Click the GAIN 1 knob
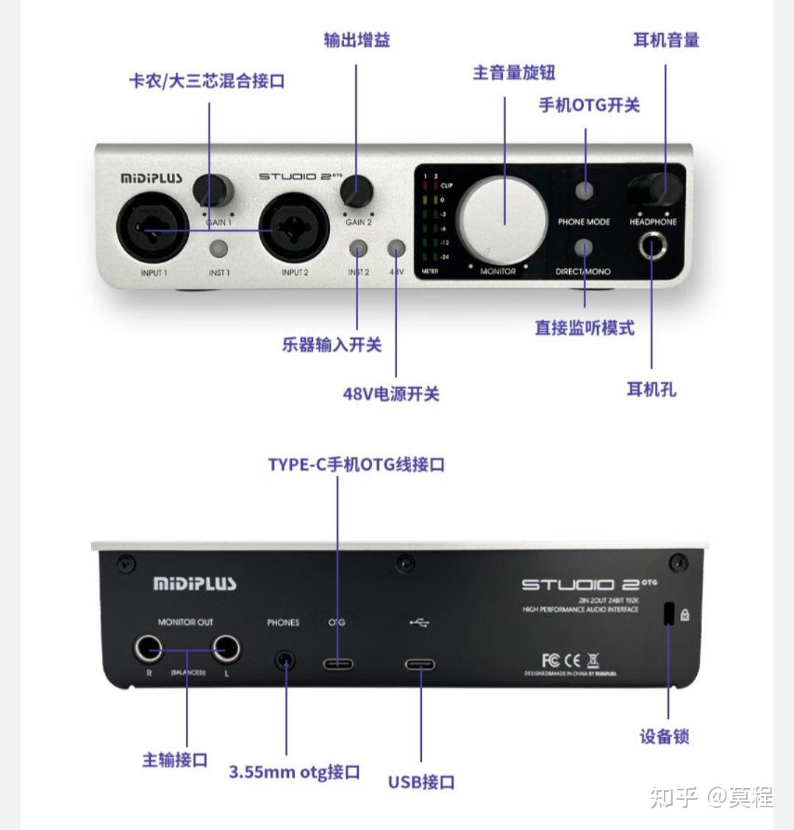click(213, 190)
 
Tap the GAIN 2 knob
click(357, 191)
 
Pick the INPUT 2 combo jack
click(294, 231)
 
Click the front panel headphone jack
click(652, 246)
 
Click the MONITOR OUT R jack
click(149, 649)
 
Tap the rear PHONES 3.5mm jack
click(285, 659)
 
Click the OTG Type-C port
click(338, 664)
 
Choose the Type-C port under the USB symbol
click(420, 665)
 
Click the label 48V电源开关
click(390, 394)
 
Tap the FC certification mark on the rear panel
click(551, 659)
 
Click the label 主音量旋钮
click(513, 73)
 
